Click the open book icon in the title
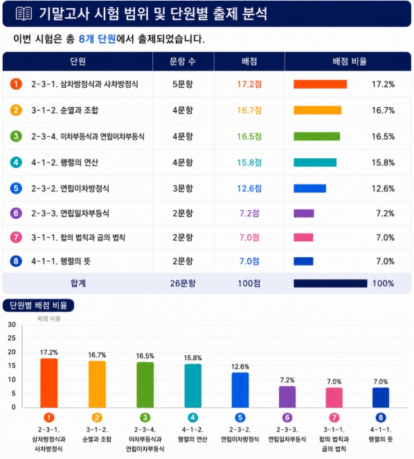24,14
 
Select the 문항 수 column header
183,62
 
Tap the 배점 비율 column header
350,62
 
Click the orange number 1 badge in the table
16,84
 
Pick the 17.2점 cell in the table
249,84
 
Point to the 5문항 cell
183,84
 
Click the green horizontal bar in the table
316,136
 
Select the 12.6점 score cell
249,189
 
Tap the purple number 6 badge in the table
16,213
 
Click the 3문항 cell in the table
183,189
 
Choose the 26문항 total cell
183,283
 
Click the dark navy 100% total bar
330,283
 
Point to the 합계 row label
78,283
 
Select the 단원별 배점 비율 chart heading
38,306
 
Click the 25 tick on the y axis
12,338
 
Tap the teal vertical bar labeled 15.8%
193,386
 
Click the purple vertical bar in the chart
287,397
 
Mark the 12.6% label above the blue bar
240,367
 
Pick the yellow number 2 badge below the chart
97,418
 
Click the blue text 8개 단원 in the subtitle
98,39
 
